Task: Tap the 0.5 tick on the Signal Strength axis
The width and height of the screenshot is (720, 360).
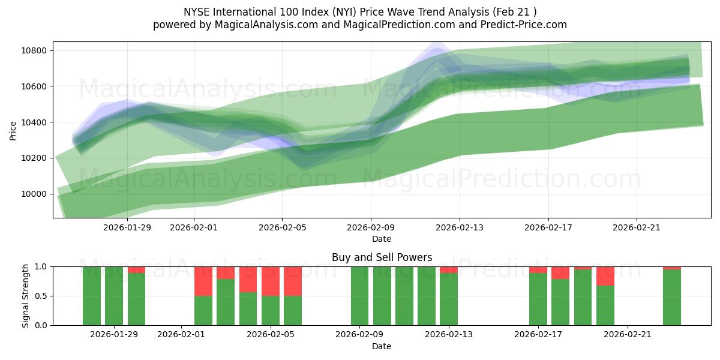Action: (42, 296)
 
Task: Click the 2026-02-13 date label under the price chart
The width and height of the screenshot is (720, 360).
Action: (459, 227)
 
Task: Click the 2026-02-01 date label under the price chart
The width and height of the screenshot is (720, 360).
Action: (193, 227)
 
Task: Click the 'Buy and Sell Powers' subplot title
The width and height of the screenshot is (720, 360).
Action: (382, 257)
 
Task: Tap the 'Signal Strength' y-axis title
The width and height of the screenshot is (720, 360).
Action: (25, 295)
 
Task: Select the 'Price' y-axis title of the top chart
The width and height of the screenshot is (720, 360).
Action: (13, 130)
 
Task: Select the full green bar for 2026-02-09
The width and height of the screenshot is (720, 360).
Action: (359, 296)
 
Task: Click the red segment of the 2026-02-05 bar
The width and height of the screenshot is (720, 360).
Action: (270, 281)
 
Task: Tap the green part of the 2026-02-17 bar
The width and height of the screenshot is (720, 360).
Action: (538, 299)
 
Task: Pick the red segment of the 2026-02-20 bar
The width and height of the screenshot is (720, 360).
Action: (605, 276)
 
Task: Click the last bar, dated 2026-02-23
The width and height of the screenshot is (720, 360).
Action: (672, 297)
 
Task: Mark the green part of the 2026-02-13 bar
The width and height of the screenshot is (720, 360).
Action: (449, 299)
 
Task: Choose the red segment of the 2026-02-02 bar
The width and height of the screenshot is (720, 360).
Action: (203, 281)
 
